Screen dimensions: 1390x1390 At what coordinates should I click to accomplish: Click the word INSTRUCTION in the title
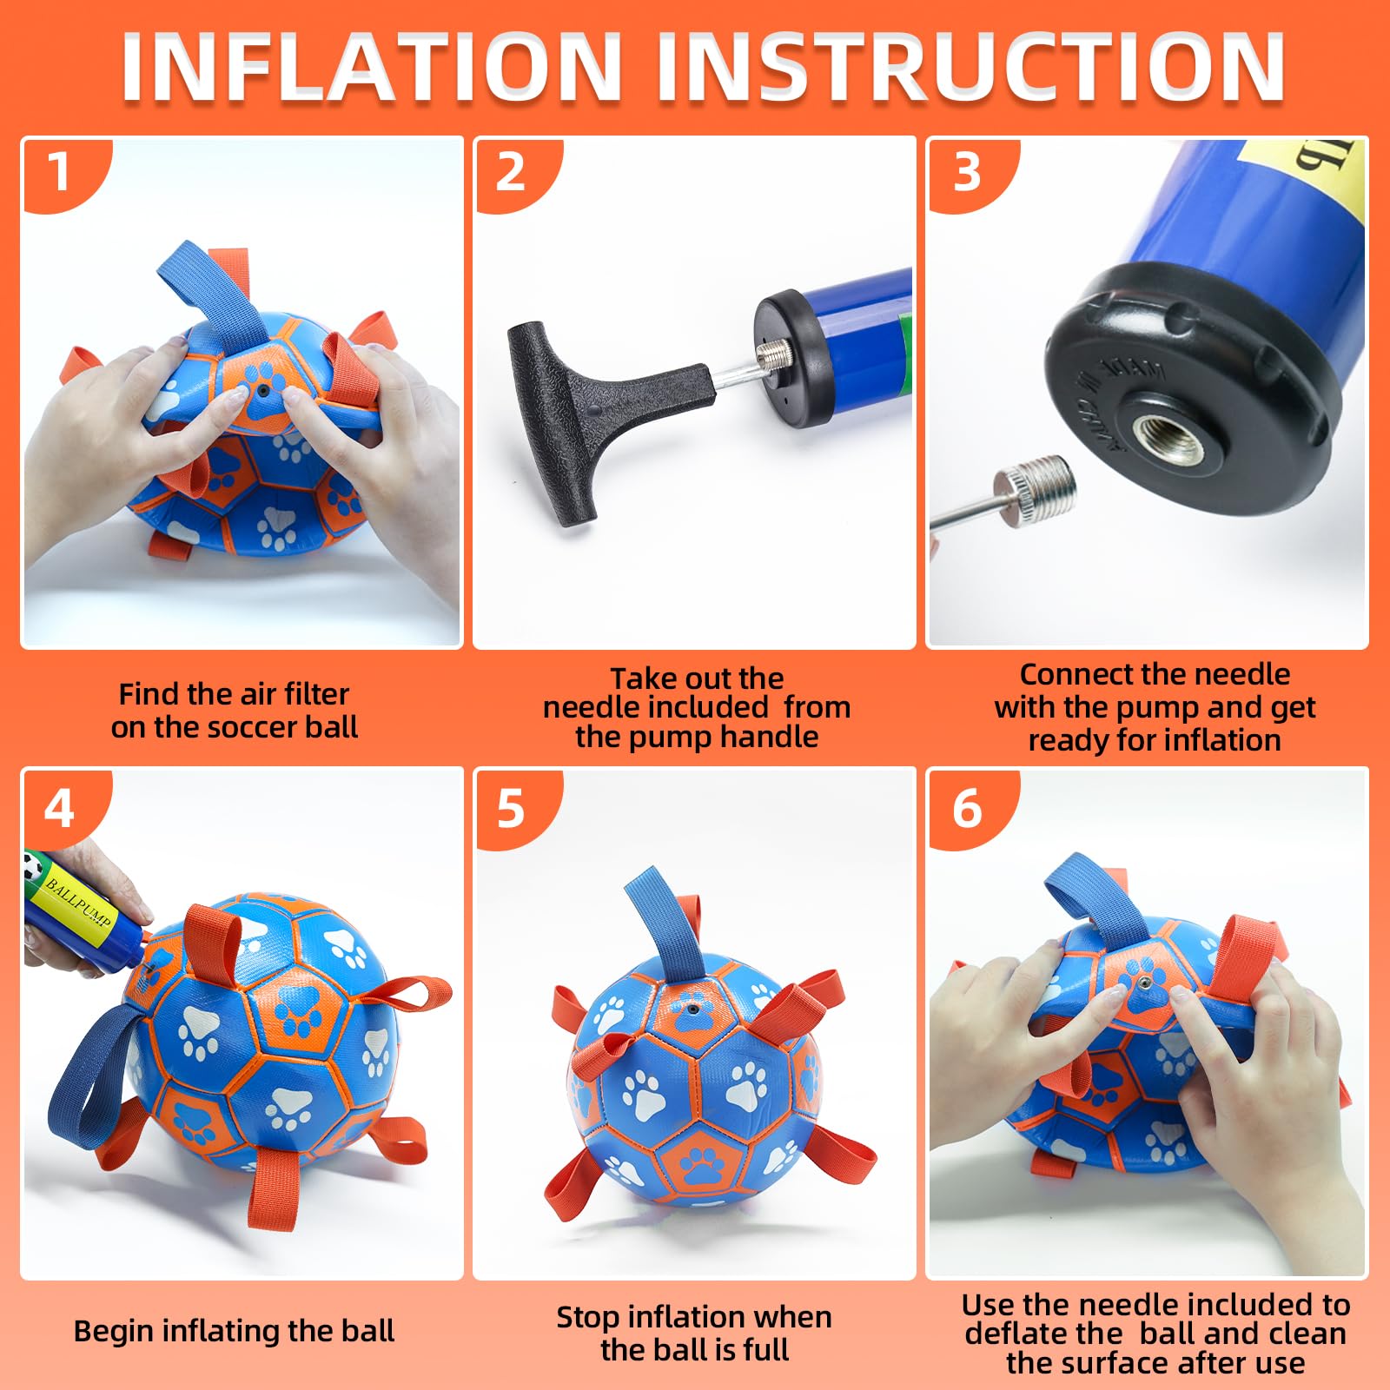970,68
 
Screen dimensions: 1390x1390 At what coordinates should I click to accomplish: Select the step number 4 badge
59,809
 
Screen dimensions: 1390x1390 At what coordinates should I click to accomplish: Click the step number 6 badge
966,809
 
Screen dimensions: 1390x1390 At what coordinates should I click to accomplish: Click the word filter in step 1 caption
309,694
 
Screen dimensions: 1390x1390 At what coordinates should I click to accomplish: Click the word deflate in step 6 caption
1005,1334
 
